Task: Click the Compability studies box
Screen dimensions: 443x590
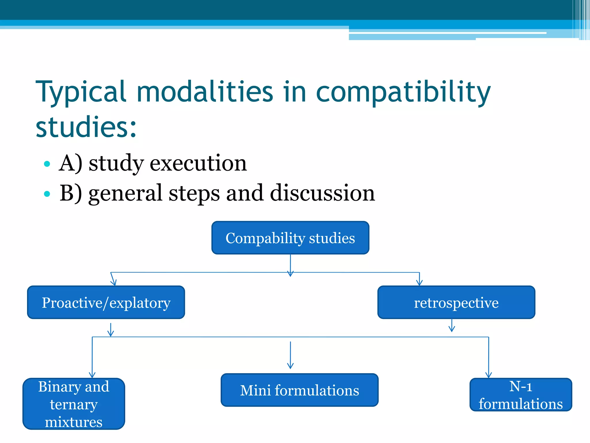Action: point(290,238)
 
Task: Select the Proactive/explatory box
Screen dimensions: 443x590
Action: point(106,303)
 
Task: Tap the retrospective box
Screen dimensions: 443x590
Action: point(456,303)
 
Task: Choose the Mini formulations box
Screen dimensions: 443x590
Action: point(299,390)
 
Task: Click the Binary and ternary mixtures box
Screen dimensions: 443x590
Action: point(74,404)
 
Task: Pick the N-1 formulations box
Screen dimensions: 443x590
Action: point(521,395)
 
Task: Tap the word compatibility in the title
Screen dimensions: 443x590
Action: point(403,92)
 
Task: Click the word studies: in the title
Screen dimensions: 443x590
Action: point(86,127)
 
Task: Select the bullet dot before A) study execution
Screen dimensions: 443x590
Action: point(47,164)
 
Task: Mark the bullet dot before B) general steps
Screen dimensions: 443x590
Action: point(47,194)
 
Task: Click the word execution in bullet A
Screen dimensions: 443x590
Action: point(198,163)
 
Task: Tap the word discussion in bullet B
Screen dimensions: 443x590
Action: point(322,193)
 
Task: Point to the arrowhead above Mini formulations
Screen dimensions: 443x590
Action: point(290,366)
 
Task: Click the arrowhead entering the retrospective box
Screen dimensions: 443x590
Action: point(419,283)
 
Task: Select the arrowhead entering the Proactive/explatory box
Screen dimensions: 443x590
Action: point(114,283)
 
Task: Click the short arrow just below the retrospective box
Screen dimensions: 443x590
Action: point(452,326)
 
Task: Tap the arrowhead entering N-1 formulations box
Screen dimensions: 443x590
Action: point(489,375)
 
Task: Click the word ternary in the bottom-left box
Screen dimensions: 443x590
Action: point(74,404)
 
